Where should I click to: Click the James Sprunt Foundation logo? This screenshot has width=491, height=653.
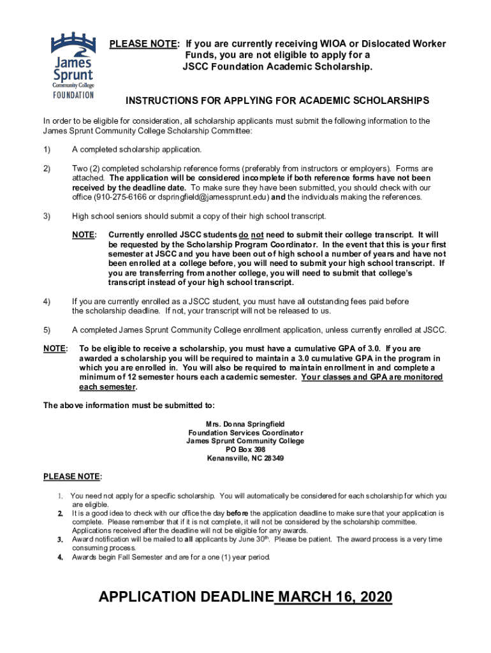pos(72,64)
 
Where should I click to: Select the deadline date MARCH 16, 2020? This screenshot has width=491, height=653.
pos(335,597)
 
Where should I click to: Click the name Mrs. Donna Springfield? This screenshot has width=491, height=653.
pos(245,423)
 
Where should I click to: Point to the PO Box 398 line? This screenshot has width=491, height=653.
pos(245,449)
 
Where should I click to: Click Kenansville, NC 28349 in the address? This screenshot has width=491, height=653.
pos(245,458)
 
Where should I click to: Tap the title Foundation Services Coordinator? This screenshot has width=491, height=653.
pos(245,432)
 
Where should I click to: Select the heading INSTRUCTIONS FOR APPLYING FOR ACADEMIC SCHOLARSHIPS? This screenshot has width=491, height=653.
pos(277,101)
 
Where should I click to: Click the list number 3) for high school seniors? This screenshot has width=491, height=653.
pos(47,216)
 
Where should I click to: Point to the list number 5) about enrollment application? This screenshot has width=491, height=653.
pos(47,330)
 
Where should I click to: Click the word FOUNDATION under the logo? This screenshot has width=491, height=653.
pos(72,96)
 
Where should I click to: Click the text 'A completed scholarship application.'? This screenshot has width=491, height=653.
pos(137,149)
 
